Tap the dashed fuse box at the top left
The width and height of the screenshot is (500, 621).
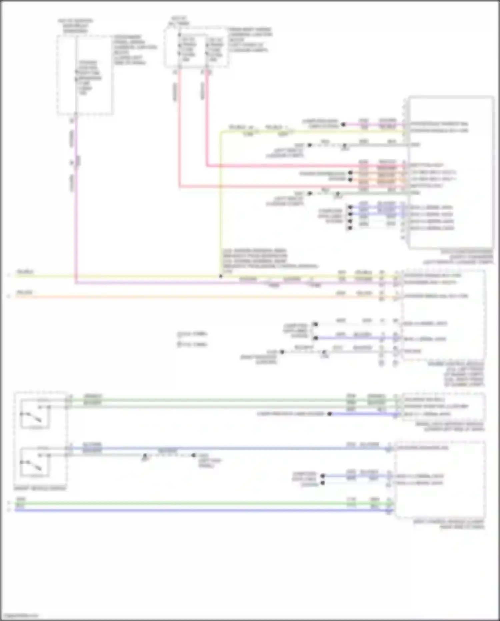[85, 75]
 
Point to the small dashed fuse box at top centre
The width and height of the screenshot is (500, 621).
[196, 47]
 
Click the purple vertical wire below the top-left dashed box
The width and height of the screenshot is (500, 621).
[76, 200]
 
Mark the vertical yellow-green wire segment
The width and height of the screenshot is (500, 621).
[220, 200]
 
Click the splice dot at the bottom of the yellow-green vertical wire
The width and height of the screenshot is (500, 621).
[220, 276]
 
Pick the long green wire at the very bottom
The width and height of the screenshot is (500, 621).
[200, 503]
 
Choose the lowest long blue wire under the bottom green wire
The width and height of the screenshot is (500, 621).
[200, 510]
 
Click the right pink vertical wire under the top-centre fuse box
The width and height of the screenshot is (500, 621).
[207, 120]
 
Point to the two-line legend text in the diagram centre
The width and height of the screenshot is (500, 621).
[192, 339]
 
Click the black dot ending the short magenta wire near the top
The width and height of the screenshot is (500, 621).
[343, 124]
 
